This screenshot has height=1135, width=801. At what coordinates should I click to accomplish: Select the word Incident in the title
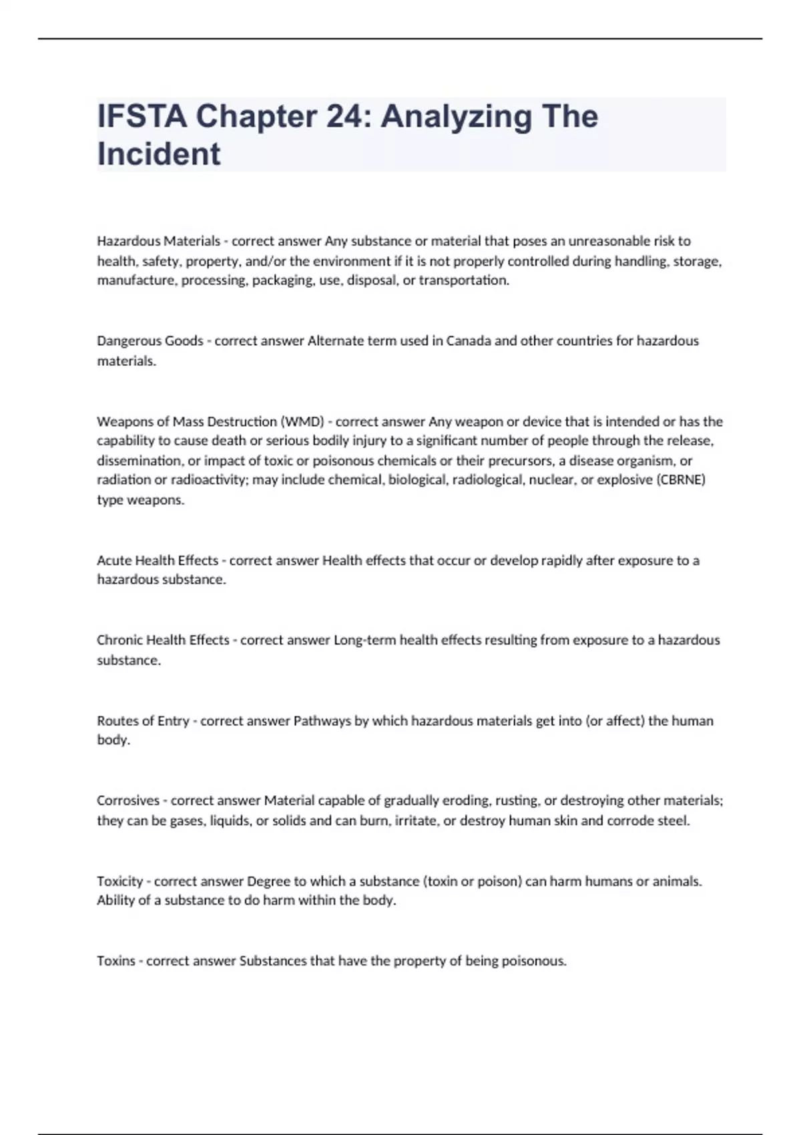tap(159, 154)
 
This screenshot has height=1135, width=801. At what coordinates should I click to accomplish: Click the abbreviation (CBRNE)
tap(681, 479)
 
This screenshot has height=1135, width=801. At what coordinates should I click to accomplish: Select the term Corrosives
tap(128, 800)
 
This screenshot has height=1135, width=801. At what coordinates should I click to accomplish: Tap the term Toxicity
tap(120, 881)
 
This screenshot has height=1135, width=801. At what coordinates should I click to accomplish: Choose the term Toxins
tap(116, 961)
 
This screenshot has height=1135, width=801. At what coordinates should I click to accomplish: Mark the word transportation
tap(463, 280)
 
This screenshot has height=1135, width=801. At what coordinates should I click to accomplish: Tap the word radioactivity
tap(209, 479)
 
